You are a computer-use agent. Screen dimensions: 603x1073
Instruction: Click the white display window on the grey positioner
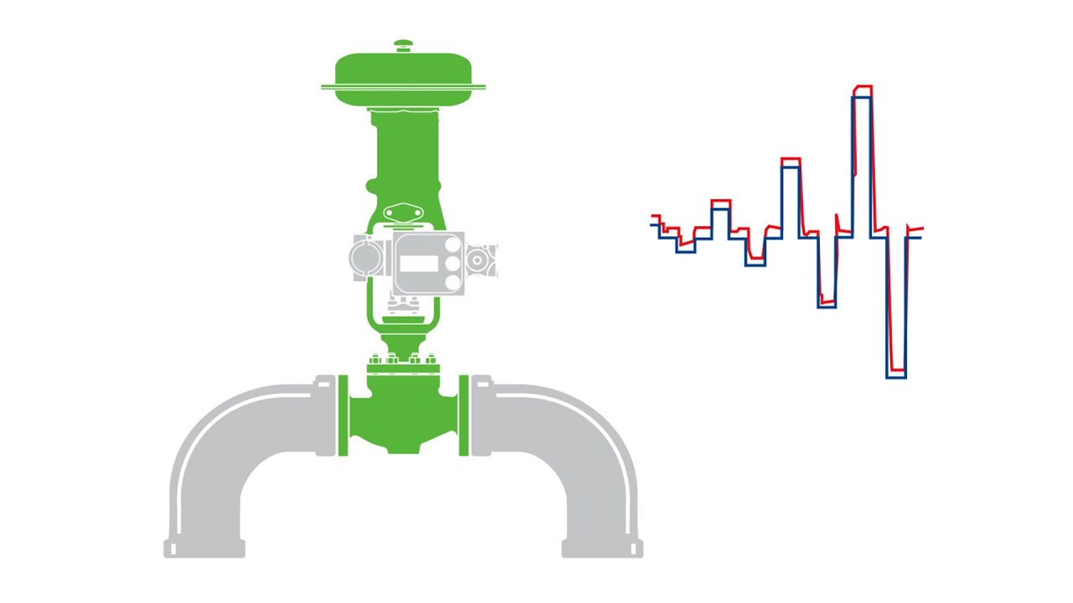tap(418, 264)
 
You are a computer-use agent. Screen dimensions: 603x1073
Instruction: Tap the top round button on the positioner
tap(454, 245)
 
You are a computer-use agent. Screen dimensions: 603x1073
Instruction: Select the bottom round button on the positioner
tap(454, 283)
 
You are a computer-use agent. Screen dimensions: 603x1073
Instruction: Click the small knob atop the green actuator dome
tap(403, 45)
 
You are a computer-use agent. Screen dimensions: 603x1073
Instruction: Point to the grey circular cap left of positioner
tap(366, 256)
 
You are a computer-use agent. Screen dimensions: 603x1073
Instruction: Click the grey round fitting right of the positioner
tap(479, 260)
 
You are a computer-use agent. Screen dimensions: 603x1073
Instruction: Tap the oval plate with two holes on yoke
tap(402, 214)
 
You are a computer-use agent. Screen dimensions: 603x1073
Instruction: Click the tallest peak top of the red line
tap(863, 86)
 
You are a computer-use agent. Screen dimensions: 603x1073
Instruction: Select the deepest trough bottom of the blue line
tap(896, 377)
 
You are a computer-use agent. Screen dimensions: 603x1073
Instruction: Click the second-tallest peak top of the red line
tap(790, 158)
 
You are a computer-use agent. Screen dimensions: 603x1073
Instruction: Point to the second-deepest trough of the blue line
tap(827, 307)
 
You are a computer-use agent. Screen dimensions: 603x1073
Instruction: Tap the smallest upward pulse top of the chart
tap(721, 201)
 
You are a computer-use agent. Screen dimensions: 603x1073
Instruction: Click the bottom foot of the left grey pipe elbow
tap(205, 549)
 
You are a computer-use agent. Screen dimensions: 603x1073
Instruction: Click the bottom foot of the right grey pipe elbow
tap(602, 549)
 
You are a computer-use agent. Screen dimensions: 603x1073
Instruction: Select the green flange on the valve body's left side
tap(343, 416)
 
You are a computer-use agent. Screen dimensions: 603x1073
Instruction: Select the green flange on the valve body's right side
tap(464, 416)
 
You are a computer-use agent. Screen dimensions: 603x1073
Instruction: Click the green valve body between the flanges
tap(403, 415)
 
